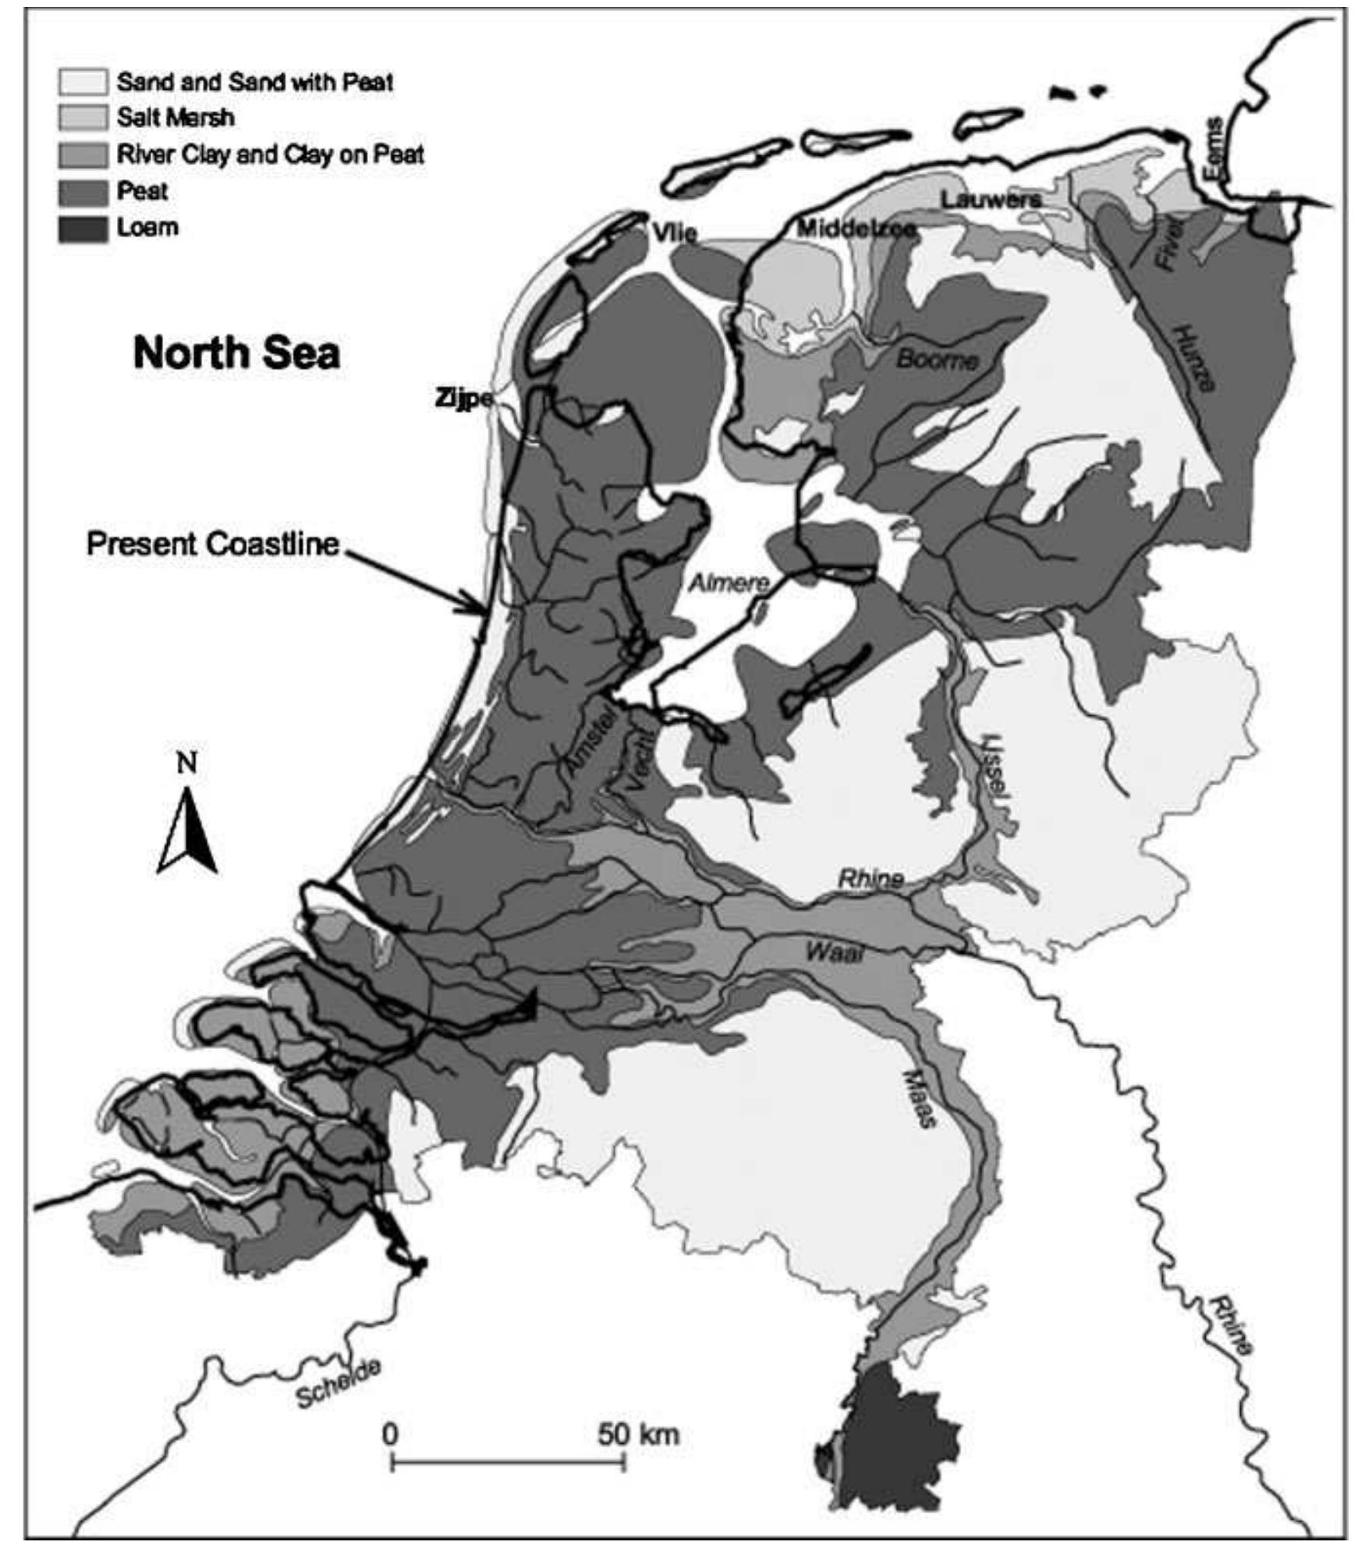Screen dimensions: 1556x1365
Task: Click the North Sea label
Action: [x=236, y=353]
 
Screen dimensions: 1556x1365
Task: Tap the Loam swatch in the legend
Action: [x=83, y=229]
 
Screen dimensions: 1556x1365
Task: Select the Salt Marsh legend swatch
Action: [x=83, y=118]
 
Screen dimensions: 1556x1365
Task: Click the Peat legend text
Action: [x=142, y=191]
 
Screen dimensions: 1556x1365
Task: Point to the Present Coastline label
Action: [x=212, y=544]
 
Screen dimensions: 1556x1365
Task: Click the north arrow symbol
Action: [x=187, y=831]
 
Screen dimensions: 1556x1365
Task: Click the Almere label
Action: [x=729, y=582]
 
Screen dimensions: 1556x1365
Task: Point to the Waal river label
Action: [x=834, y=952]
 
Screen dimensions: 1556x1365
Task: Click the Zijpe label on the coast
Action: [x=463, y=399]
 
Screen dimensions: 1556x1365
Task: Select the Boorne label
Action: [x=937, y=360]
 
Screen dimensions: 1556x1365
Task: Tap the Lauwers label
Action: [x=991, y=200]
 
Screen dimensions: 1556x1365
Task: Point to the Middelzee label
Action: [x=856, y=229]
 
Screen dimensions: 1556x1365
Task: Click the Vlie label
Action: [x=675, y=232]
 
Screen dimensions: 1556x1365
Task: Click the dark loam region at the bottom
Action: [x=889, y=1449]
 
